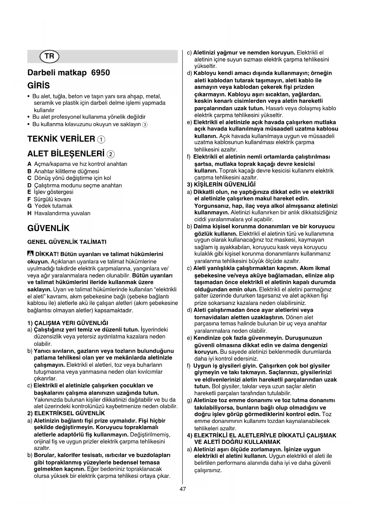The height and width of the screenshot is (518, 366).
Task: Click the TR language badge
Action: (50, 56)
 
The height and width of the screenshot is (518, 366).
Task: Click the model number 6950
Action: (101, 73)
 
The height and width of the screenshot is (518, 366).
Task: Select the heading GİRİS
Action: (39, 86)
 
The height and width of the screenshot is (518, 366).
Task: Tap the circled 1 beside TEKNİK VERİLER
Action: (101, 139)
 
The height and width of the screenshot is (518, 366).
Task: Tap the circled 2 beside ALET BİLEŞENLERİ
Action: (111, 154)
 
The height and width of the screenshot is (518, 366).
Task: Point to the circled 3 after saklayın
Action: (145, 125)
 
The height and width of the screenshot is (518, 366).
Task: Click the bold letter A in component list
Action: (29, 164)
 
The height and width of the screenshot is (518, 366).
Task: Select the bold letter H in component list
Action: (29, 213)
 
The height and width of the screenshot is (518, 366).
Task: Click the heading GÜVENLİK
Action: (48, 228)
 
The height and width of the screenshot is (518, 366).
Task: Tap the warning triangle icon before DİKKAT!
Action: (30, 254)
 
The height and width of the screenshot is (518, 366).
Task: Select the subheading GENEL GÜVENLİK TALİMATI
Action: (67, 242)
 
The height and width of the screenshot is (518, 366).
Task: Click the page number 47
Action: (183, 489)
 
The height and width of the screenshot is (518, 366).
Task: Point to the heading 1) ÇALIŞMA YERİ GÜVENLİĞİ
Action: (68, 323)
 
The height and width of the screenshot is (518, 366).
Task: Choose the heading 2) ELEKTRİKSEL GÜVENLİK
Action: (66, 413)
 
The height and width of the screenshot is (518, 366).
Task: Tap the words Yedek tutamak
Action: (53, 206)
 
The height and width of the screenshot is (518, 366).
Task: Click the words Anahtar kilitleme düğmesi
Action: (67, 171)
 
